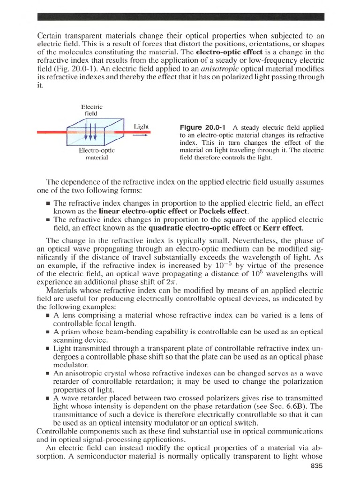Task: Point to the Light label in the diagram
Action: (x=141, y=127)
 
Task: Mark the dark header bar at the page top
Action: (x=180, y=17)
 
